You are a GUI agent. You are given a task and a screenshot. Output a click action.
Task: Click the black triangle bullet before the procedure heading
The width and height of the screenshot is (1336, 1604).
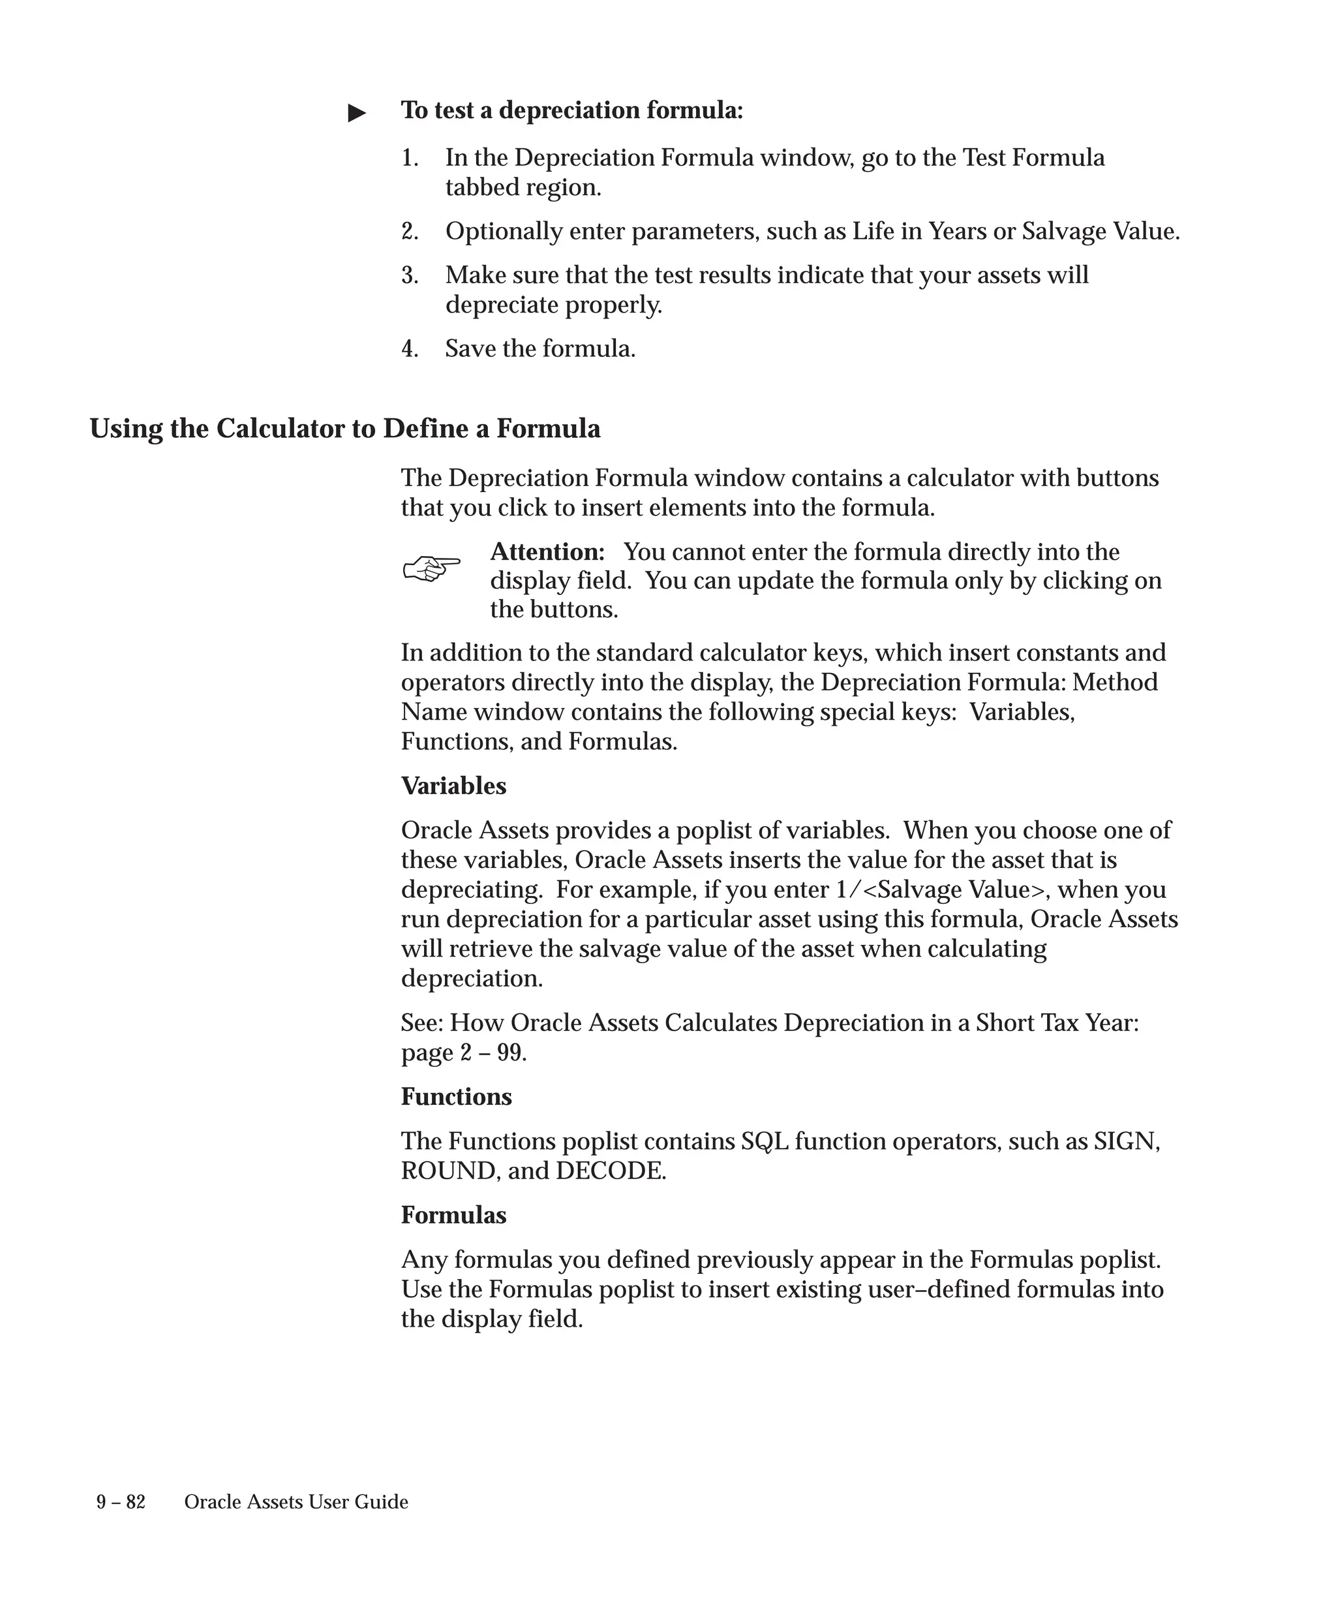click(x=357, y=113)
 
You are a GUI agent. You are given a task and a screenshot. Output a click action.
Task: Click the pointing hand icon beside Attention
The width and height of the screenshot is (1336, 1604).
click(x=431, y=568)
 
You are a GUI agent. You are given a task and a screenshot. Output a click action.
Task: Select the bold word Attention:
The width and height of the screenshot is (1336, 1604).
click(x=547, y=551)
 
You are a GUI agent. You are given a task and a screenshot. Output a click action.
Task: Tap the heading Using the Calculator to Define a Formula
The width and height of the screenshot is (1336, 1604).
click(x=345, y=429)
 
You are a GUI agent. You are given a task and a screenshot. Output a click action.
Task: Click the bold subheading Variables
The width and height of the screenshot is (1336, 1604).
click(x=453, y=786)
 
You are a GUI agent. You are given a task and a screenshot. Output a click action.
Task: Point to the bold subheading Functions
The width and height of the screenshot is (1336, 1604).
click(x=457, y=1097)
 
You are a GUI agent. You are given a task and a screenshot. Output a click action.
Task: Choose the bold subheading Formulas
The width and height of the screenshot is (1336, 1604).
click(x=453, y=1215)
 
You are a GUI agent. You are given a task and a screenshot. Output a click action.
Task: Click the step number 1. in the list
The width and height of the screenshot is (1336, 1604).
click(x=410, y=158)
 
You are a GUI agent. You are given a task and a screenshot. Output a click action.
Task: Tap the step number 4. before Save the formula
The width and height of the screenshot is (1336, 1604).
click(x=410, y=349)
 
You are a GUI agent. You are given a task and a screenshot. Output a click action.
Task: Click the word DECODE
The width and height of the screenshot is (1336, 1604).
click(x=610, y=1171)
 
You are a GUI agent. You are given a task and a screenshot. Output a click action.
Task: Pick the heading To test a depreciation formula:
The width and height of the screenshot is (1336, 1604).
click(x=572, y=111)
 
